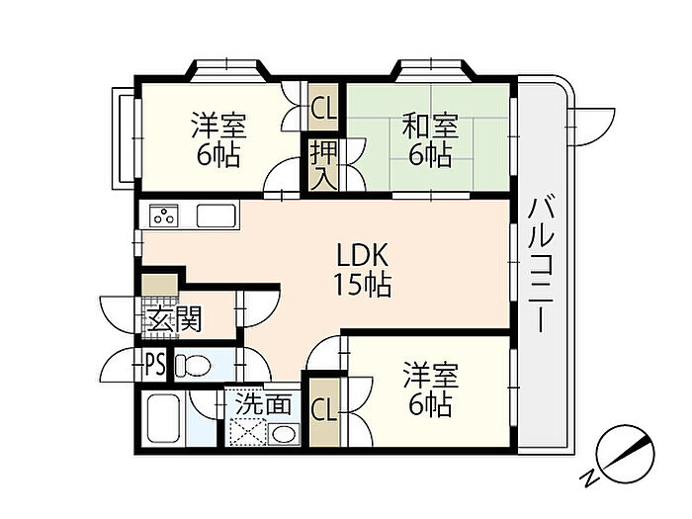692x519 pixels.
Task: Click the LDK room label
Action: pyautogui.click(x=363, y=255)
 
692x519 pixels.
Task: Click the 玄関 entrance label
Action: pyautogui.click(x=174, y=319)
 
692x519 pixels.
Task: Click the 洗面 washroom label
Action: pyautogui.click(x=263, y=403)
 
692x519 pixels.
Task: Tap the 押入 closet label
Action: pyautogui.click(x=323, y=165)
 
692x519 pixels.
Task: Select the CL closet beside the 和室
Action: pyautogui.click(x=324, y=108)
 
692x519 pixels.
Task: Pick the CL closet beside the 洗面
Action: pyautogui.click(x=324, y=410)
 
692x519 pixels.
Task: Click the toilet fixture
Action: pyautogui.click(x=192, y=366)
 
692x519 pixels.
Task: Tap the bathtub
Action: pyautogui.click(x=163, y=417)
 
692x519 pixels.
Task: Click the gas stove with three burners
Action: pyautogui.click(x=164, y=216)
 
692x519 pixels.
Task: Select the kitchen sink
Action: pyautogui.click(x=216, y=216)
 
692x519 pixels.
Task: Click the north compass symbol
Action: pyautogui.click(x=625, y=454)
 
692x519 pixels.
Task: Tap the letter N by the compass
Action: pyautogui.click(x=588, y=477)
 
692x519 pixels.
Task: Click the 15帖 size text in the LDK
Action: pyautogui.click(x=363, y=285)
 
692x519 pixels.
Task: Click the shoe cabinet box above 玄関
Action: pyautogui.click(x=160, y=285)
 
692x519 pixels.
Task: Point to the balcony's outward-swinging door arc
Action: pyautogui.click(x=593, y=128)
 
